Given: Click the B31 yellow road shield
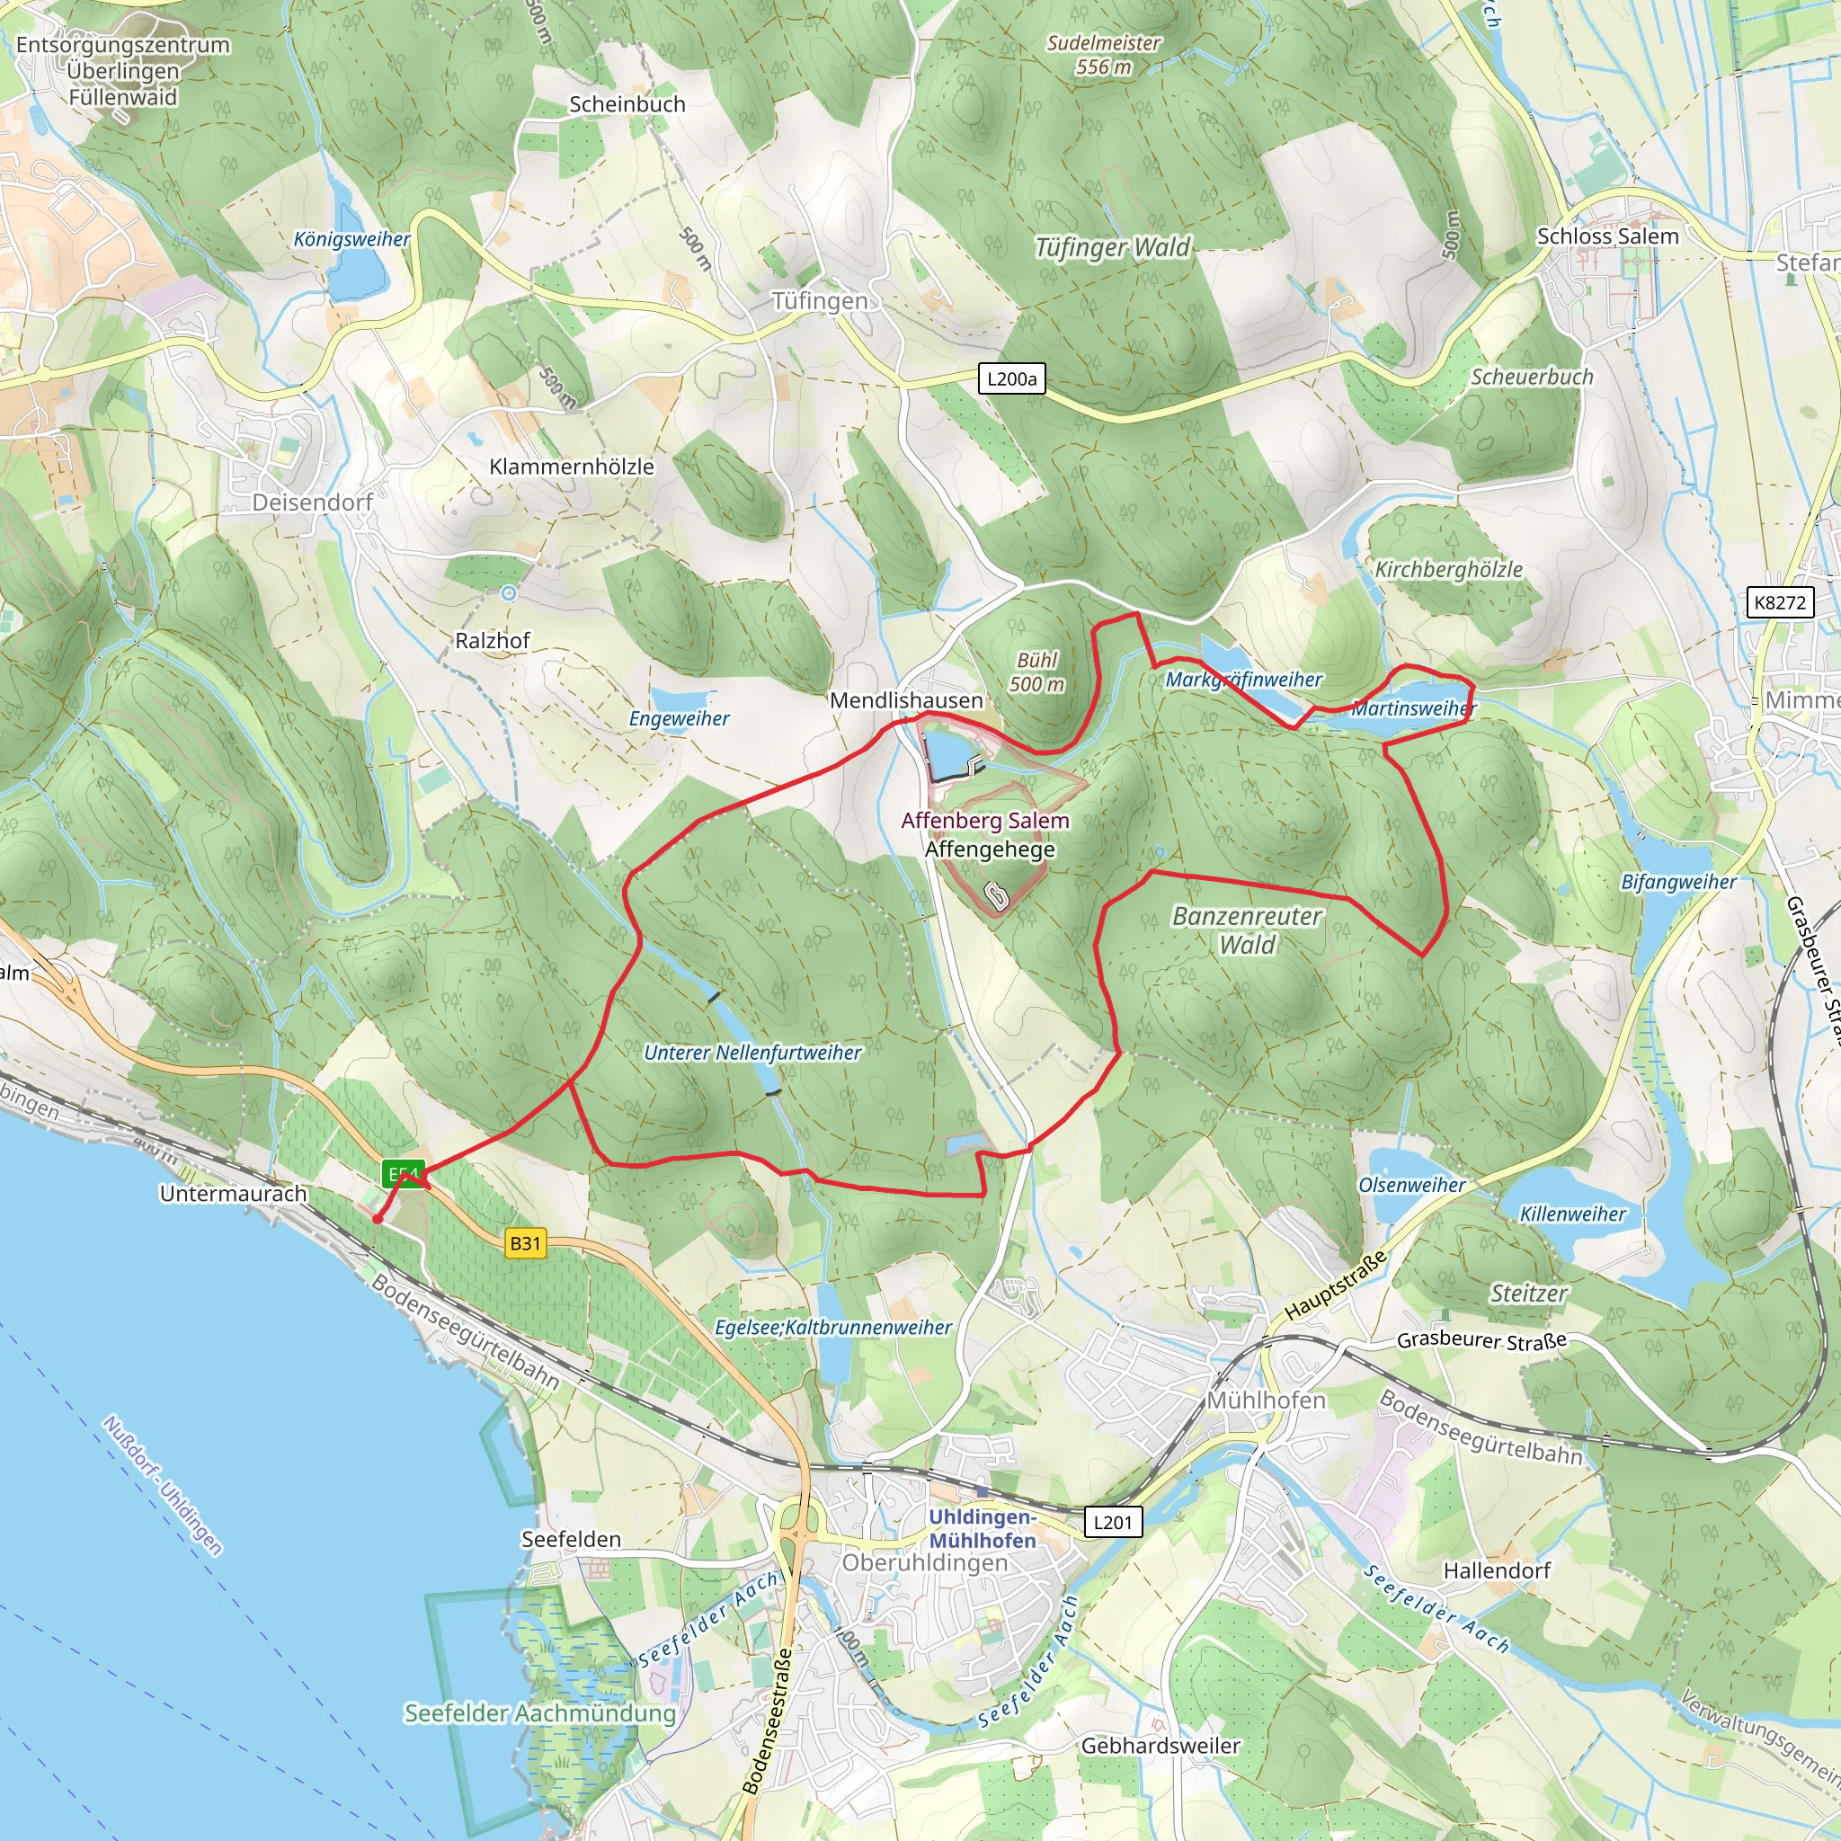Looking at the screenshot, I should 525,1242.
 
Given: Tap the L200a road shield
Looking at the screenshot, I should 1011,379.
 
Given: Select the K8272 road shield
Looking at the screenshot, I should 1779,602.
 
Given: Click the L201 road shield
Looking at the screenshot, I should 1112,1522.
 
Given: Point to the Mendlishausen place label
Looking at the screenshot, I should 905,700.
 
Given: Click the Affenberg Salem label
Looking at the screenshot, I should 985,821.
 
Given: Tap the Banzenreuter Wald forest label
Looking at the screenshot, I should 1247,930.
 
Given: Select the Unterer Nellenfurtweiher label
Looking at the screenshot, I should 752,1053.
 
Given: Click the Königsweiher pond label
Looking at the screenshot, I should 351,239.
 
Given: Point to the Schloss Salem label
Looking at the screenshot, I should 1607,236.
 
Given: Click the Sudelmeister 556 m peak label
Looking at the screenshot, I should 1104,55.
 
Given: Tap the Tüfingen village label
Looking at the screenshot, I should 820,301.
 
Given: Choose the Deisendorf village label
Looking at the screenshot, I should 312,502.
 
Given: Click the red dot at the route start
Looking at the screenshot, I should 378,1219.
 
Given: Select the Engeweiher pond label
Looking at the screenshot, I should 679,718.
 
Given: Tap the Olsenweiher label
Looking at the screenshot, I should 1411,1186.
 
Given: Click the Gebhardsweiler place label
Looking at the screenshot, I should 1160,1746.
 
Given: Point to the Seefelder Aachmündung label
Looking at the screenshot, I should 539,1713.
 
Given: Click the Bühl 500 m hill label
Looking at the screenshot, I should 1036,671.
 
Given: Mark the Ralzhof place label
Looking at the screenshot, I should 492,640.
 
